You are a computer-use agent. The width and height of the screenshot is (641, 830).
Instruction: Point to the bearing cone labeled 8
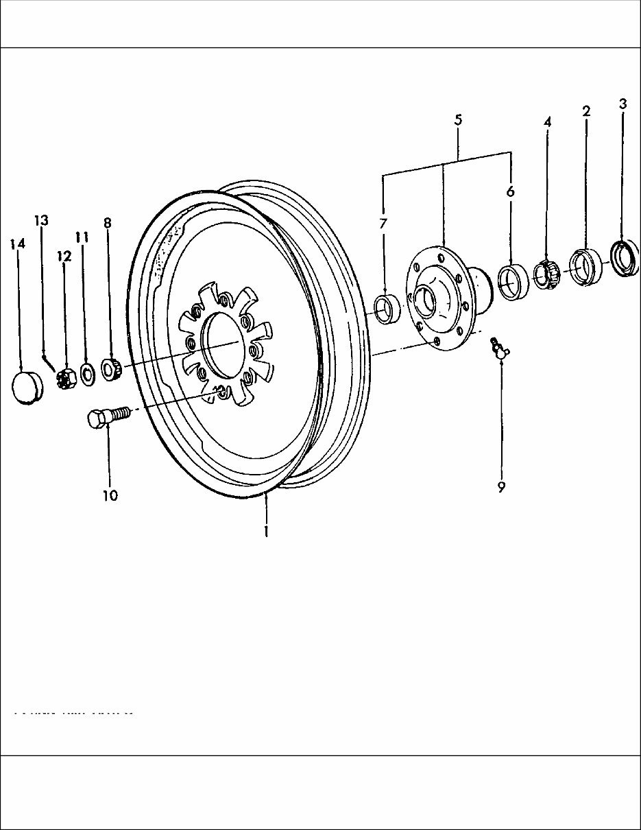click(x=112, y=369)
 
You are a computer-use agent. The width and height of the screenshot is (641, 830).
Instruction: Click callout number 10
click(x=110, y=495)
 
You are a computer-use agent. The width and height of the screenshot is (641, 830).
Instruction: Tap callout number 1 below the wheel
click(x=266, y=530)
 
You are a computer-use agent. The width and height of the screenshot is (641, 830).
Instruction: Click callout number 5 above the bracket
click(x=458, y=120)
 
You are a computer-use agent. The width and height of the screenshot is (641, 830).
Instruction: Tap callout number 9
click(x=501, y=488)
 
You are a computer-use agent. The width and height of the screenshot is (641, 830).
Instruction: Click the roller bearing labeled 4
click(x=546, y=274)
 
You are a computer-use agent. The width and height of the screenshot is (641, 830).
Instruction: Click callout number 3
click(x=622, y=104)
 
